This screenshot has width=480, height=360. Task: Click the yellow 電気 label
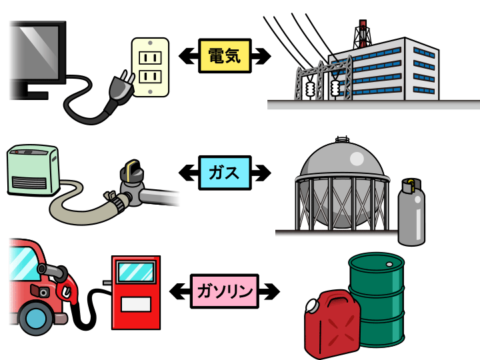coord(224,55)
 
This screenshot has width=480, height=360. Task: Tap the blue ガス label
coord(224,173)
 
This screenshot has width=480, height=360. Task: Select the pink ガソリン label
coord(224,291)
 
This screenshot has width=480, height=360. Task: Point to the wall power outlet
coord(150,67)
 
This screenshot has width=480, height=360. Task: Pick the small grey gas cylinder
coord(411,212)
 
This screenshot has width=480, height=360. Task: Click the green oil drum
coord(377,293)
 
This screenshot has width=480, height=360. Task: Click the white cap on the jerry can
coord(312,306)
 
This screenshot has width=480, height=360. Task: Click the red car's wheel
coord(33,319)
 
